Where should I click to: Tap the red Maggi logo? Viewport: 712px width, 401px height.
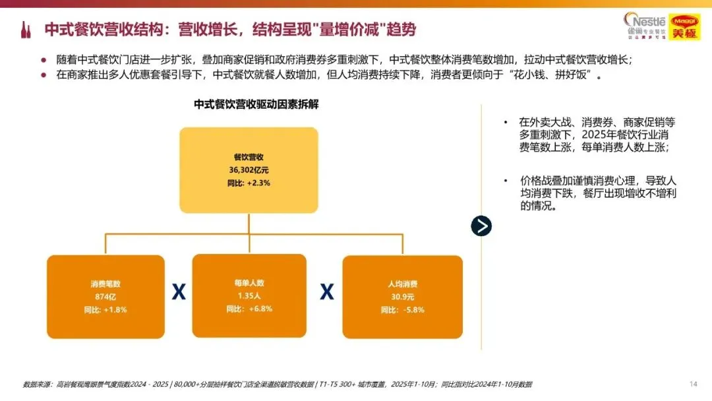684,26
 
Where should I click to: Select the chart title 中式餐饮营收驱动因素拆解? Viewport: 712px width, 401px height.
256,104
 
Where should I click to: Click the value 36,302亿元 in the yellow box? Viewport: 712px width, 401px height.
249,170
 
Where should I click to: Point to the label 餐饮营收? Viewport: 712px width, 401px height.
249,157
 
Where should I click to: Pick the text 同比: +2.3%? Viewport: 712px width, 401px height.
249,182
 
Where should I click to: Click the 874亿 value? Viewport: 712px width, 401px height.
105,296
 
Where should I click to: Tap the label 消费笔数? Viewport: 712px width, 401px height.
105,284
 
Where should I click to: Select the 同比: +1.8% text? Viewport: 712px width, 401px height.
105,309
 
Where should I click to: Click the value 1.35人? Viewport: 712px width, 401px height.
249,295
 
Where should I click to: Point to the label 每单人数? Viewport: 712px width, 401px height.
249,283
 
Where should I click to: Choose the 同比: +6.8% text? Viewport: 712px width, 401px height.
249,308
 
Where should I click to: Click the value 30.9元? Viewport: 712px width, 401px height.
402,296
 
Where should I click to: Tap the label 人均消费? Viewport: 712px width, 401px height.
402,284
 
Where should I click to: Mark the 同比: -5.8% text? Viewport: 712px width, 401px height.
402,309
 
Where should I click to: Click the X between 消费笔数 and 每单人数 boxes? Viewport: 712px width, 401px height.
178,292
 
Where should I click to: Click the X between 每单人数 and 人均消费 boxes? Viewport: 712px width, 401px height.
326,292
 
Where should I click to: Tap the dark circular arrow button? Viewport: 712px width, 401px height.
481,226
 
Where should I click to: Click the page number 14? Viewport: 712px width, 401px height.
693,384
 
